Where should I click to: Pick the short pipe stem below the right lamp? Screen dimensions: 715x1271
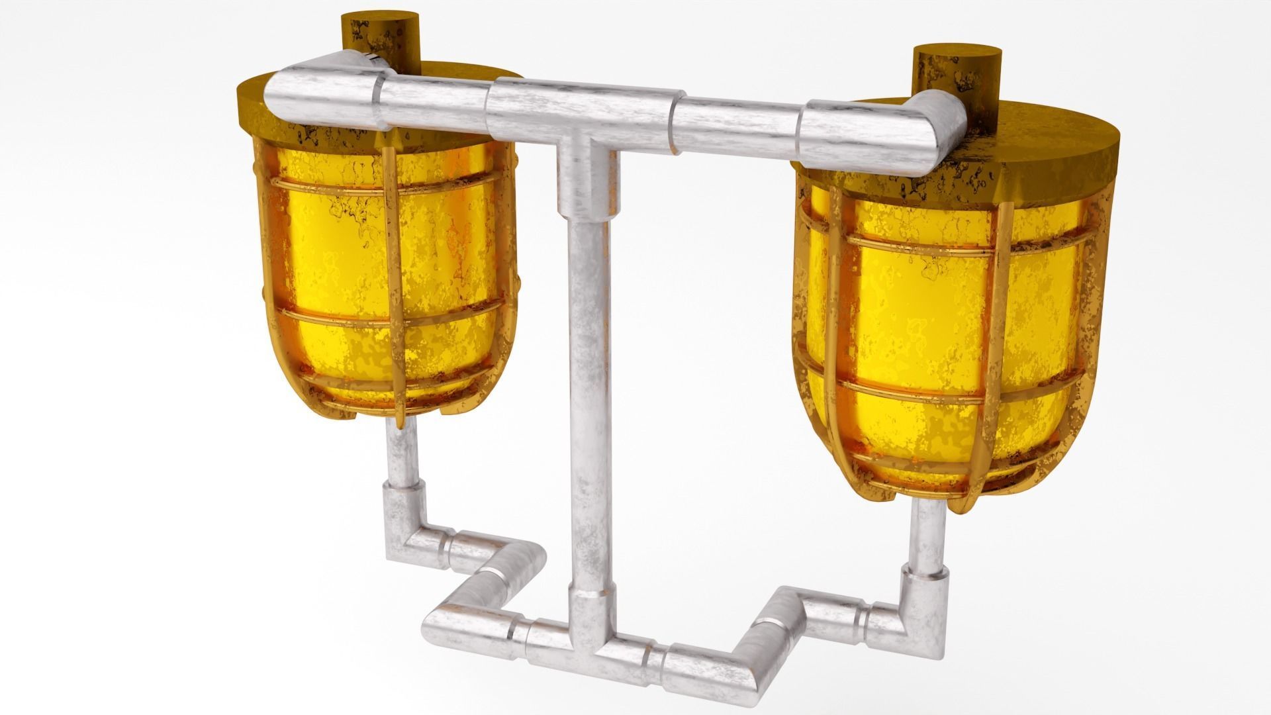point(927,543)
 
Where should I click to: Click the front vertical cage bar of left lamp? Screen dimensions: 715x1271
point(393,278)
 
